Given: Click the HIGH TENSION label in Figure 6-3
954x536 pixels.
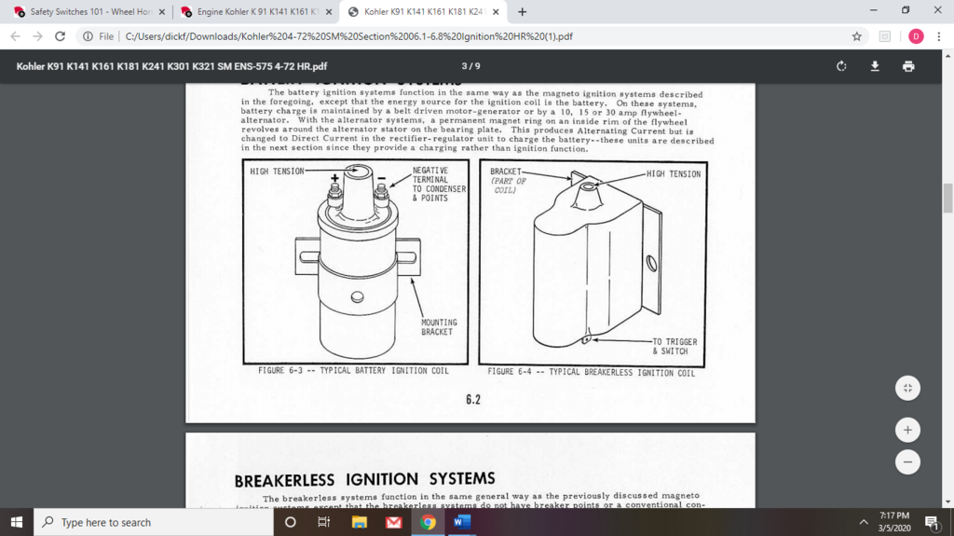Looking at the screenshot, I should click(x=278, y=172).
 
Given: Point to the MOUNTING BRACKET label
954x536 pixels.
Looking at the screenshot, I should click(x=439, y=327).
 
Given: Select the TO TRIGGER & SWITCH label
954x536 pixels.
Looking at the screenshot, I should click(x=675, y=346).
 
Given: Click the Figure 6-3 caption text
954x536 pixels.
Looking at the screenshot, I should click(x=353, y=371).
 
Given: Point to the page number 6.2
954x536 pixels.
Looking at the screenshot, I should click(x=473, y=400).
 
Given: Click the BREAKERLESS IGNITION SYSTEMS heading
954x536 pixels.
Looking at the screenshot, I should click(x=364, y=480).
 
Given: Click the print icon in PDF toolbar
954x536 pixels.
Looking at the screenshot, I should click(x=908, y=66).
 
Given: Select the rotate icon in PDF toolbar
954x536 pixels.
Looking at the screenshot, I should click(x=841, y=66).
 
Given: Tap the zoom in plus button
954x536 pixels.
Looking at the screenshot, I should click(x=907, y=430).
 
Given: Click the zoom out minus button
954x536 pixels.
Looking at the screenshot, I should click(x=907, y=461).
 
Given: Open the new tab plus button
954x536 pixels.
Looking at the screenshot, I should click(x=522, y=12).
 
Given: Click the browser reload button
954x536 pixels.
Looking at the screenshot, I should click(x=61, y=36).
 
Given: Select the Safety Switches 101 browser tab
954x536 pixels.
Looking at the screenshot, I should click(x=84, y=12).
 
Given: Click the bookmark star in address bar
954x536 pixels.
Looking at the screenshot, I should click(x=856, y=36).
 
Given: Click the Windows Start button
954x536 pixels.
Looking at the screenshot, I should click(x=16, y=522).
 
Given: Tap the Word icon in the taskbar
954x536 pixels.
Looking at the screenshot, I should click(x=461, y=522).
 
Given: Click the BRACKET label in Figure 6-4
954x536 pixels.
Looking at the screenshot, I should click(x=506, y=172).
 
